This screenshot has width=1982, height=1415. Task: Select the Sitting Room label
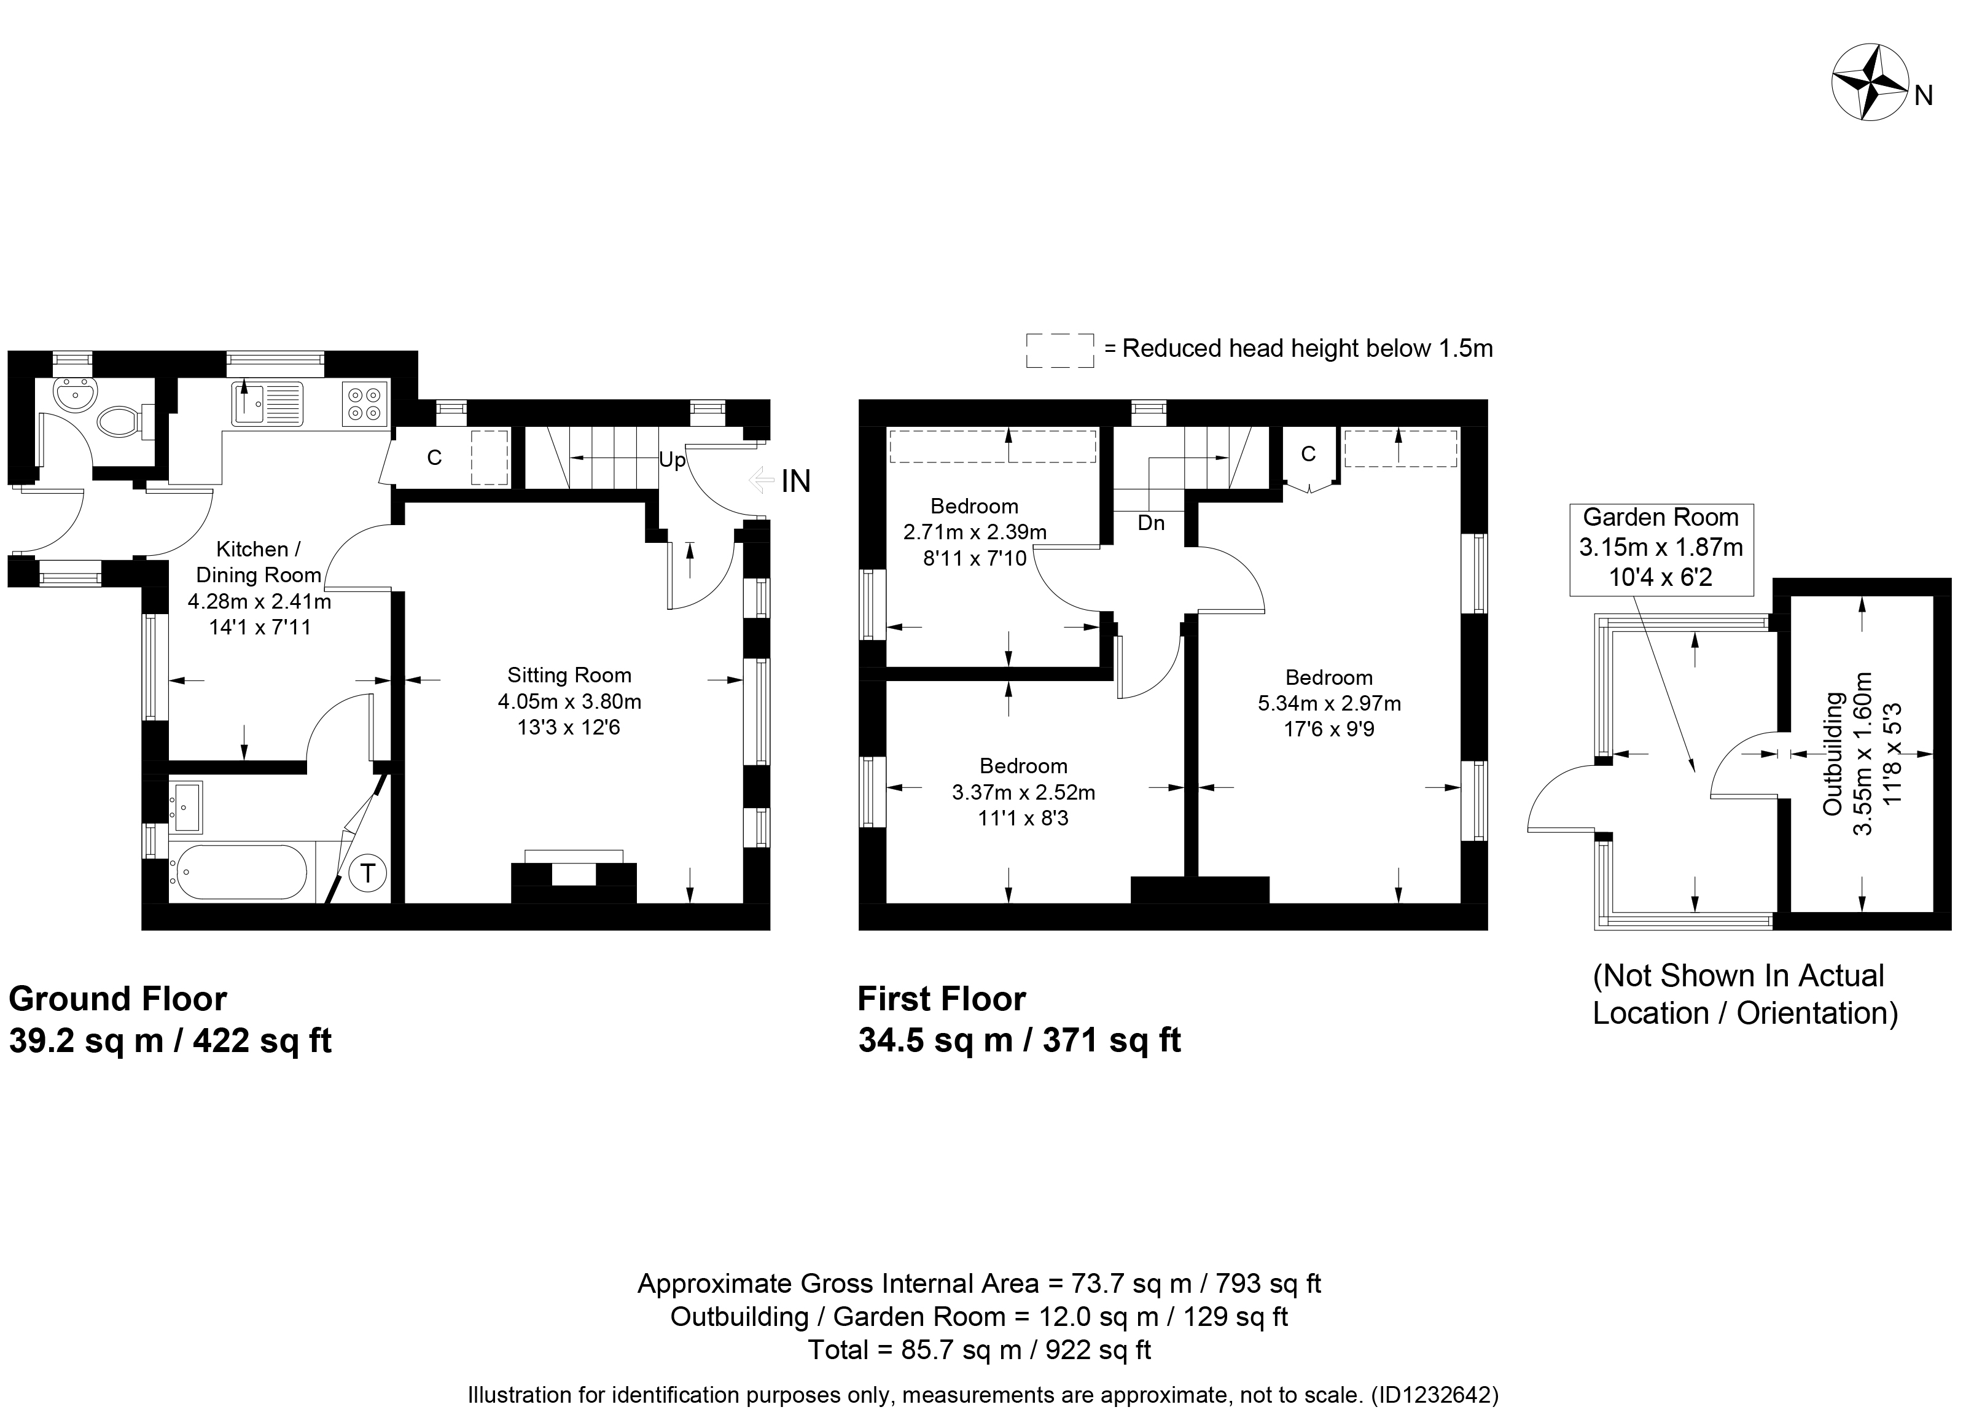(569, 676)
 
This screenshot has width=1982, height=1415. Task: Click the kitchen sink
(267, 404)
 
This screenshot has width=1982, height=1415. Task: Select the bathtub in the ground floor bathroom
(240, 872)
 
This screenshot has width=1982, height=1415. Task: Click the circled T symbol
(368, 873)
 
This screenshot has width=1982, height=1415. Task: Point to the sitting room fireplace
(573, 880)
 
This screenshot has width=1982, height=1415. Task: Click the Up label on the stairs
(672, 459)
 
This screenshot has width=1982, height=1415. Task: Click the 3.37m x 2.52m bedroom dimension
(1024, 793)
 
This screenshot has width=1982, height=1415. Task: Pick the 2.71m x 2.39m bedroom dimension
(975, 531)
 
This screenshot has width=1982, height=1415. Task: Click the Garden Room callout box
(1661, 550)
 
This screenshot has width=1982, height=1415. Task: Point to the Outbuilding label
(1833, 753)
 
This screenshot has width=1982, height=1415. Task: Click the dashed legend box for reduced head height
(1059, 350)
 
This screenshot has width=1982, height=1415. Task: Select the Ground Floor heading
(117, 999)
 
